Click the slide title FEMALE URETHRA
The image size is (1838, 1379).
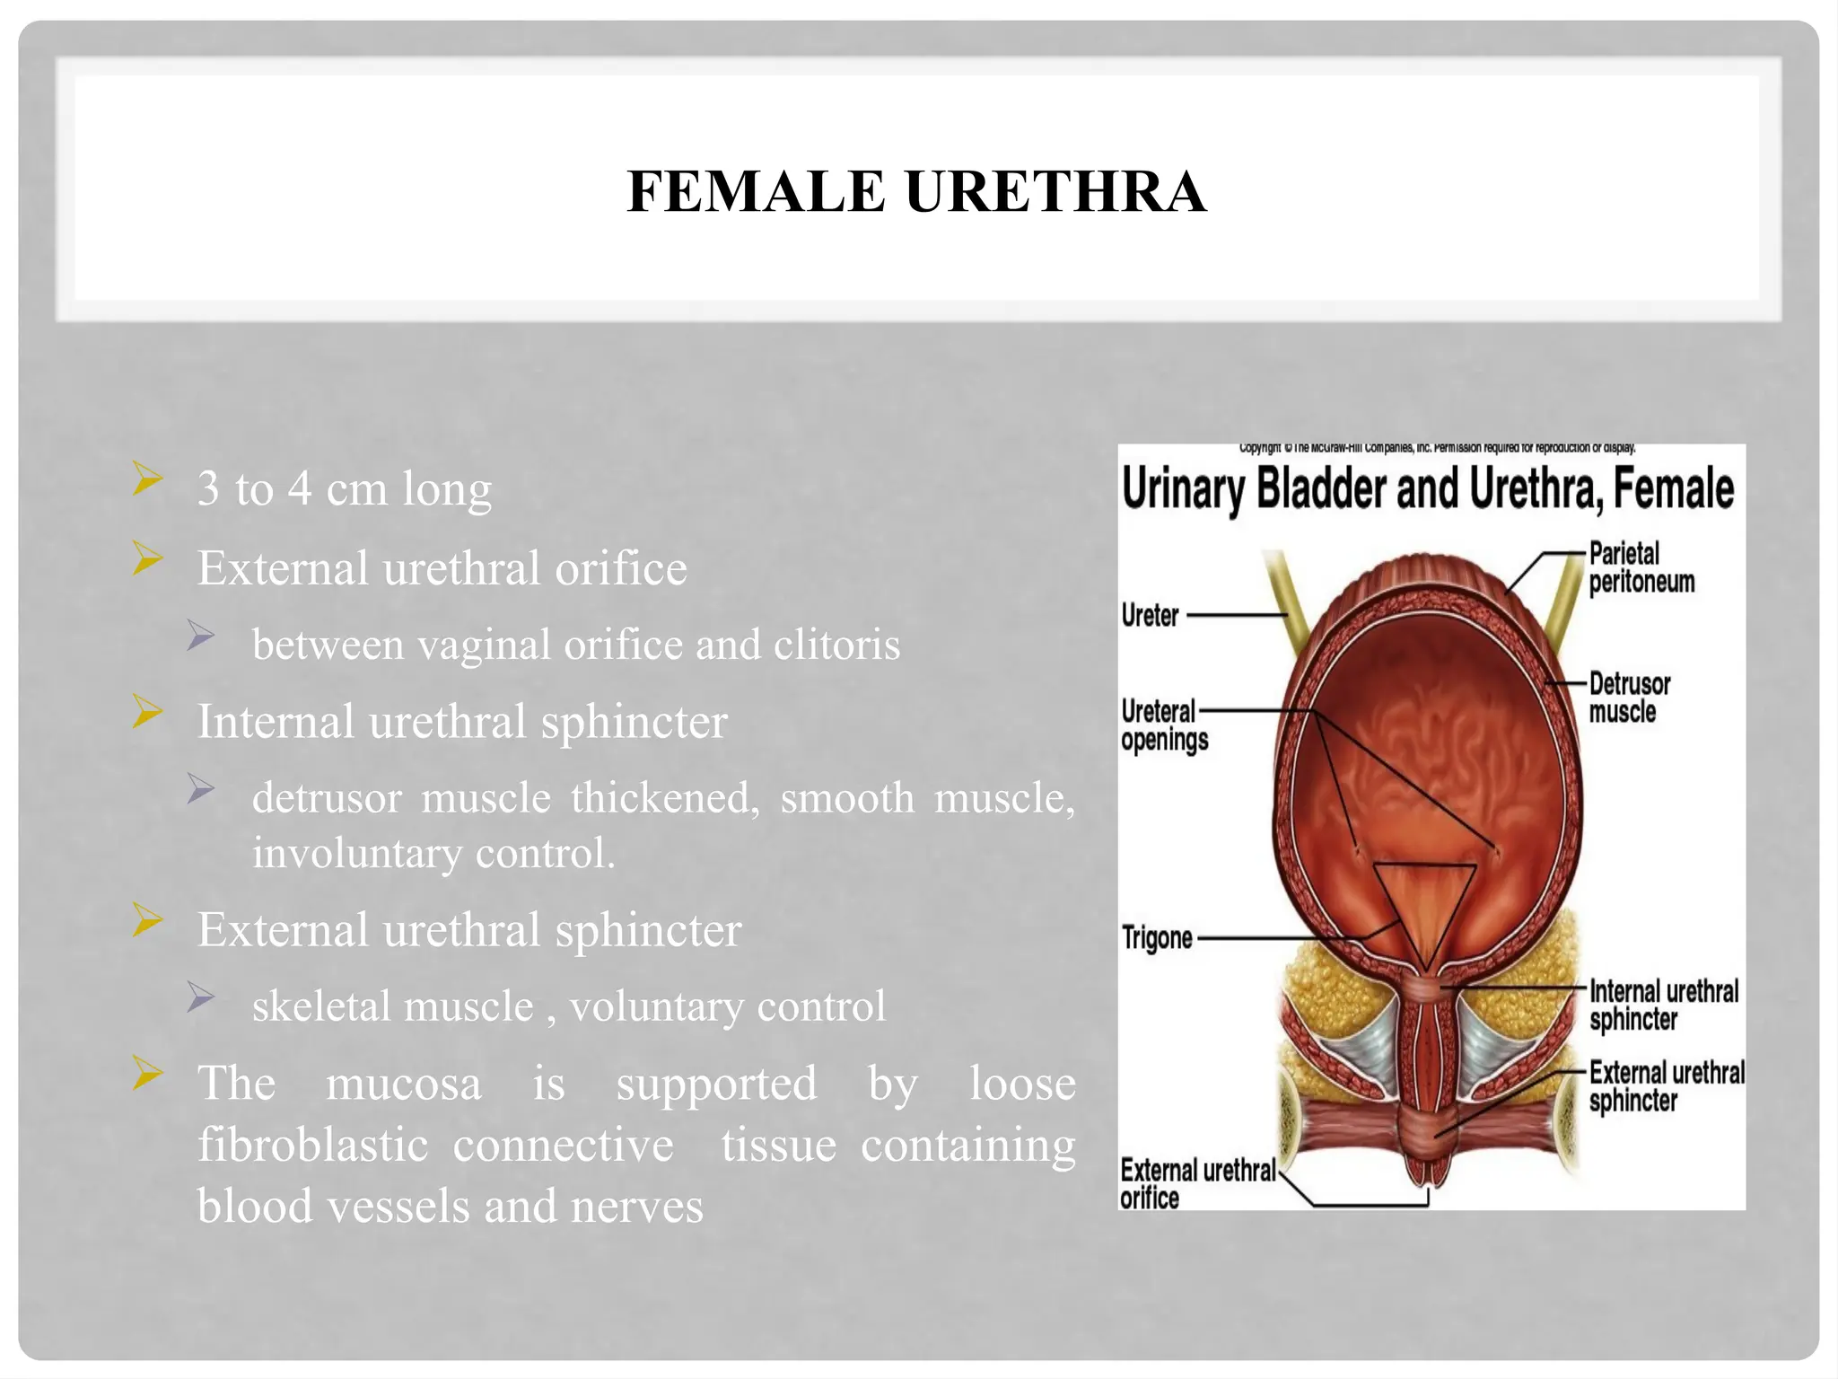916,191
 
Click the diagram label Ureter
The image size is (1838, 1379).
1150,616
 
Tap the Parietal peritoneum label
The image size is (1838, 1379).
1641,567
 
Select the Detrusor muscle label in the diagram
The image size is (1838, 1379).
1629,698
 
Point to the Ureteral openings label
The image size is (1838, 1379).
1164,725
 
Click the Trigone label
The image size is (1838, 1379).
1157,938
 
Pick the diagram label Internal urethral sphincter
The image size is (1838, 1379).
1663,1006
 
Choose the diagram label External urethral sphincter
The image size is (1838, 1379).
1666,1086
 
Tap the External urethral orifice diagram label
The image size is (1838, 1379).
1196,1183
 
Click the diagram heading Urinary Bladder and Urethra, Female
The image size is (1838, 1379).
1428,489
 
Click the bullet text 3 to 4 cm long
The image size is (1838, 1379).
345,489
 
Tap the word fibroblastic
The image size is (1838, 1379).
312,1145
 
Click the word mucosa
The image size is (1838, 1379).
404,1083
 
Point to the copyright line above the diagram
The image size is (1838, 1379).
1437,447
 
